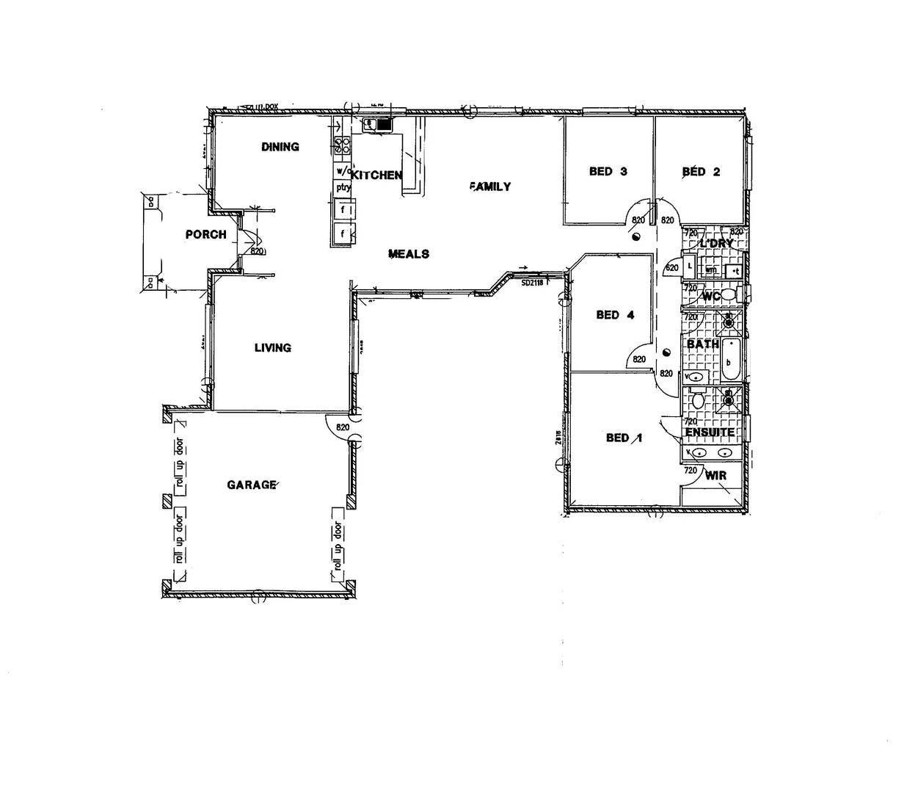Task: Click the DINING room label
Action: (x=280, y=147)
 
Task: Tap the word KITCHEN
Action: (x=376, y=175)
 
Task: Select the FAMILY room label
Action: (x=490, y=187)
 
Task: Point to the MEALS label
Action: (x=409, y=254)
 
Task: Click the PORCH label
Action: (x=205, y=235)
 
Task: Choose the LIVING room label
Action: (x=272, y=348)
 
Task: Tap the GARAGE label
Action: (x=252, y=485)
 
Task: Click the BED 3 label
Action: (x=608, y=172)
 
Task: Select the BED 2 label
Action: (x=701, y=172)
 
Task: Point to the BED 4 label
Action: (x=615, y=315)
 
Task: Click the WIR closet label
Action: (x=715, y=476)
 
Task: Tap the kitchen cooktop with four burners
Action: (x=342, y=145)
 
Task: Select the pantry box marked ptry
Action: (x=343, y=187)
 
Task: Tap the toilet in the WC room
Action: (x=727, y=295)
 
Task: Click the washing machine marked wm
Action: (x=710, y=269)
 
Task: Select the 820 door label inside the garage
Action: (x=342, y=427)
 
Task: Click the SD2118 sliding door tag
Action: (x=531, y=282)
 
